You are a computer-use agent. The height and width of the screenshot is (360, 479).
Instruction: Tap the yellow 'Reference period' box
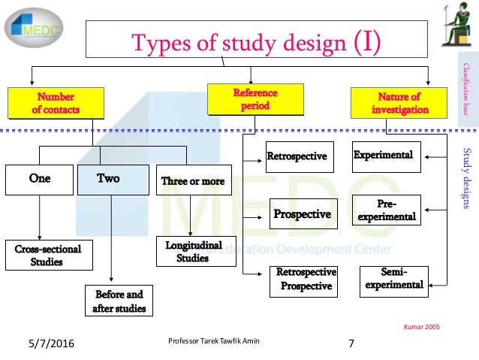tap(255, 99)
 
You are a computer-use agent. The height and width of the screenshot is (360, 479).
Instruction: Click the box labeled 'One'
tap(39, 180)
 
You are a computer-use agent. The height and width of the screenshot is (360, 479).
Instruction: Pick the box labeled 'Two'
tap(111, 180)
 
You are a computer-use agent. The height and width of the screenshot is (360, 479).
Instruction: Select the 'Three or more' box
tap(192, 181)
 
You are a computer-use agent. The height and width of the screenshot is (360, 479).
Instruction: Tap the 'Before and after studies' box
tap(119, 301)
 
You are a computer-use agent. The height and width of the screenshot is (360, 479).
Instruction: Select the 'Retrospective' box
tap(297, 156)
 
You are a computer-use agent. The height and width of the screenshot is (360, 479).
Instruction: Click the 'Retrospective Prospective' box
tap(304, 280)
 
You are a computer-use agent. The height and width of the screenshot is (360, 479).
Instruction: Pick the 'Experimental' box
tap(384, 155)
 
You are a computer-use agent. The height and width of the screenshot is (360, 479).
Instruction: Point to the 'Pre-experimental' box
tap(386, 210)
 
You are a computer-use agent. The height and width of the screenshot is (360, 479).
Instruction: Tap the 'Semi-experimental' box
tap(390, 278)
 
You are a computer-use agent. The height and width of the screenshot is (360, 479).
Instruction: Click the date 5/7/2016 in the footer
tap(50, 345)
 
